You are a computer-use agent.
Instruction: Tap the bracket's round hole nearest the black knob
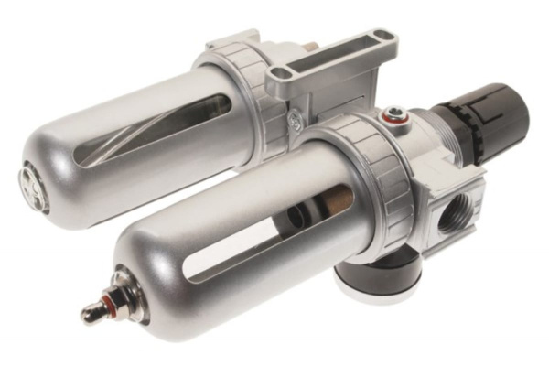pos(382,38)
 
